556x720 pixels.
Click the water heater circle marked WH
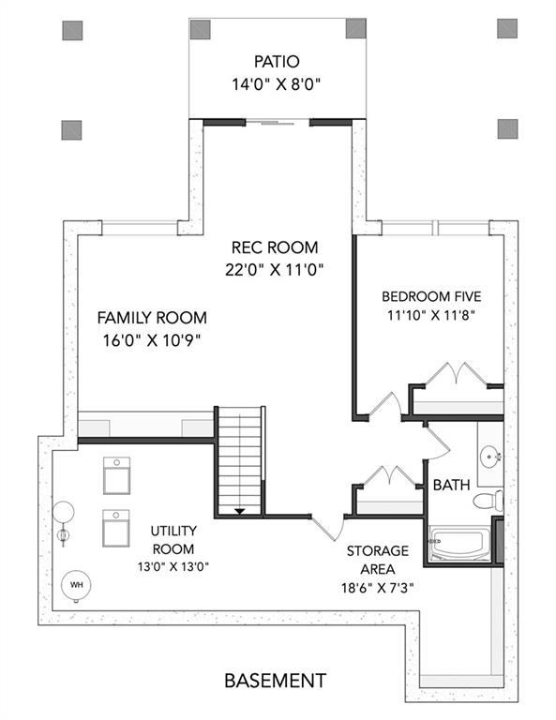tap(76, 585)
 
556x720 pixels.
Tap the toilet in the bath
tap(488, 500)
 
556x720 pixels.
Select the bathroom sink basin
tap(490, 457)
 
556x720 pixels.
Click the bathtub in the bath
tap(459, 543)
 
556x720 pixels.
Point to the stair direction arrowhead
tap(240, 511)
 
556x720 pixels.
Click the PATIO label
tap(277, 61)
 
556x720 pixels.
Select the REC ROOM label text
tap(275, 247)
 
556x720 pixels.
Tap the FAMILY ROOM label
tap(152, 318)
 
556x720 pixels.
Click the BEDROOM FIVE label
tap(431, 296)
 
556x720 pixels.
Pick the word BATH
tap(452, 485)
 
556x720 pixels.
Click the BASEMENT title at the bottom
tap(276, 680)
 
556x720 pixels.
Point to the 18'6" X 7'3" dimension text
tap(378, 588)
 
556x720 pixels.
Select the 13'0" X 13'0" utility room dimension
tap(173, 567)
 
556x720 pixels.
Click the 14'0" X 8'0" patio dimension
tap(276, 84)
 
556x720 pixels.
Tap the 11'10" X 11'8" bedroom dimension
tap(430, 315)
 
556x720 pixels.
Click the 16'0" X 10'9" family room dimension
tap(152, 340)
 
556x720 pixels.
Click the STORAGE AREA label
tap(378, 560)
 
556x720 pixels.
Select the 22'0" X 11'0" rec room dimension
tap(275, 270)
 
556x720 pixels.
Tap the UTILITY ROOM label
tap(173, 540)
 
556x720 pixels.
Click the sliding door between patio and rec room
tap(278, 123)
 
